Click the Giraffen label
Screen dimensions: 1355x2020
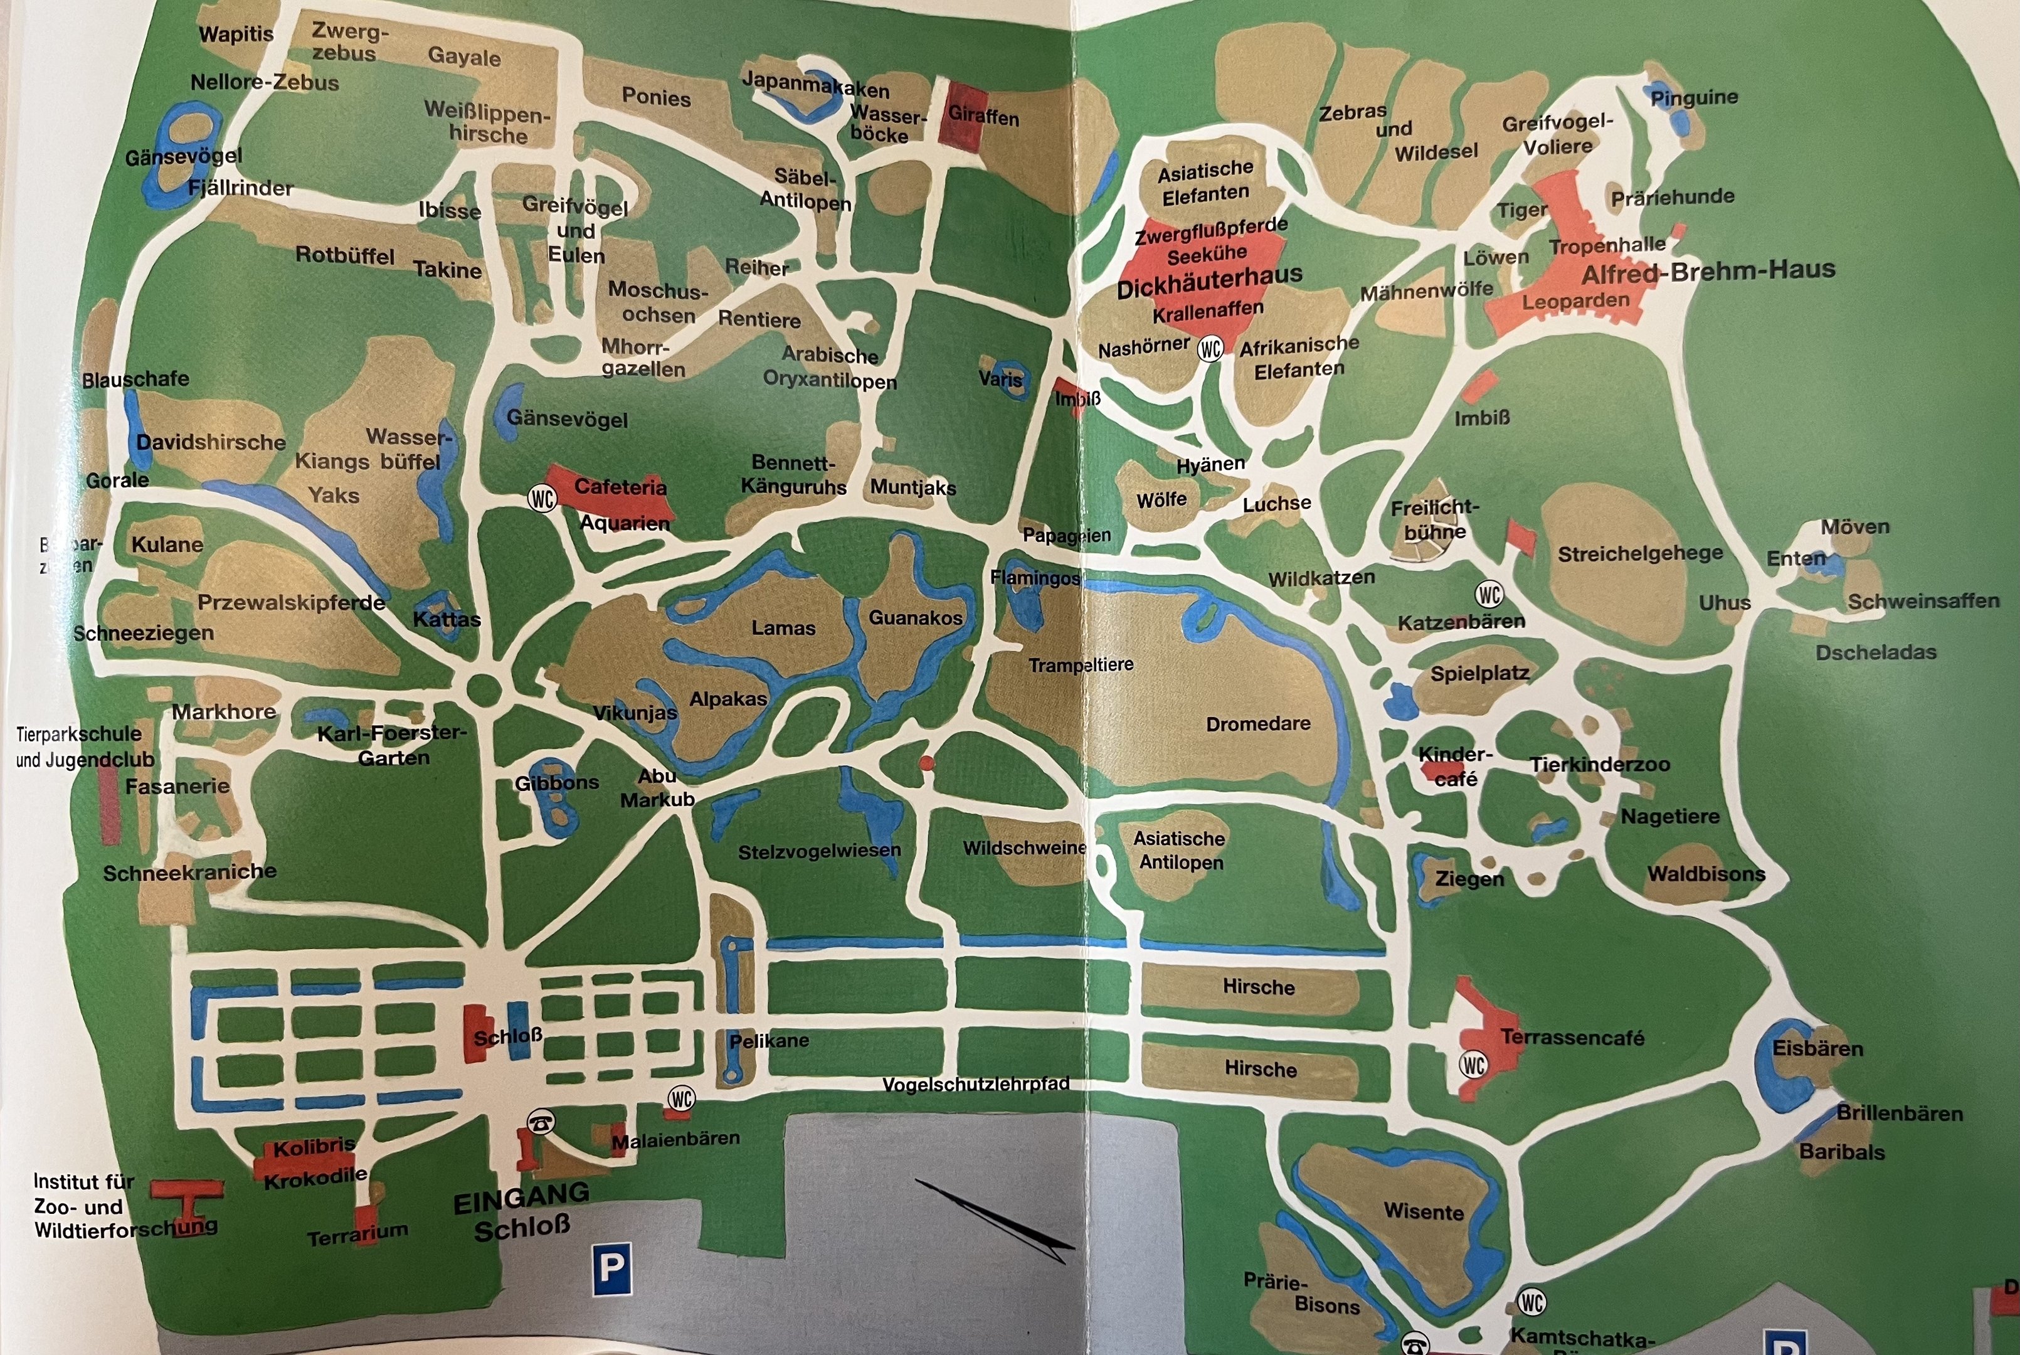983,116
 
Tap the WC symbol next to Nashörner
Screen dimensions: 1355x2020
1210,348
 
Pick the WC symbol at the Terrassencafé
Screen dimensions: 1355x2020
1473,1065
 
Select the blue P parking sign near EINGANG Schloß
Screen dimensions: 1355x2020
611,1268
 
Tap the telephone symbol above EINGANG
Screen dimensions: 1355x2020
541,1122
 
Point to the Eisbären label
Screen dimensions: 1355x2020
1817,1048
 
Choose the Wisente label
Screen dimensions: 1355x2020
1423,1211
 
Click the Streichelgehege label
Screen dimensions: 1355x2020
1640,553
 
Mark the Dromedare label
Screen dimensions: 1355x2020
1258,723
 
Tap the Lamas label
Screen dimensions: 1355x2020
783,628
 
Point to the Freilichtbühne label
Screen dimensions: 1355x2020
1434,519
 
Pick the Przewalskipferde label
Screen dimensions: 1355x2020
291,602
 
